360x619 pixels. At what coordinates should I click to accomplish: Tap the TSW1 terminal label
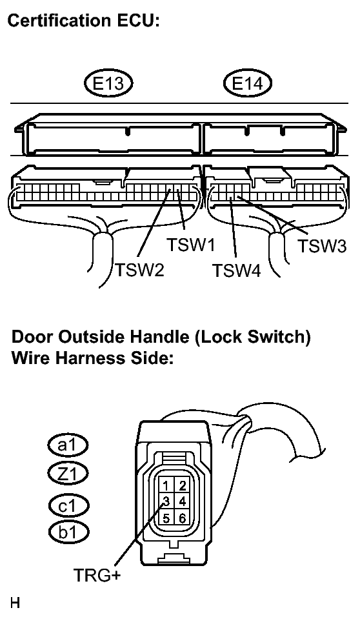(x=191, y=245)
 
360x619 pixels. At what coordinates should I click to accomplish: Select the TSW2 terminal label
(x=140, y=270)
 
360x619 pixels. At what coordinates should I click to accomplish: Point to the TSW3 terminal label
(x=322, y=245)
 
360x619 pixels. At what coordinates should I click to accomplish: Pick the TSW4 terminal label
(x=236, y=271)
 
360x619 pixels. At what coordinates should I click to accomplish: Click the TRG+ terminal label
(x=97, y=575)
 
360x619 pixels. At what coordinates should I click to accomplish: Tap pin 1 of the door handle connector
(x=166, y=486)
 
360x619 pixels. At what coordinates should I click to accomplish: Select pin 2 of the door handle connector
(x=182, y=486)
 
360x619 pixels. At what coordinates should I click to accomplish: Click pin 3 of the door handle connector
(x=166, y=502)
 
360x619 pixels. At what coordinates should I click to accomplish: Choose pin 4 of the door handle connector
(x=182, y=502)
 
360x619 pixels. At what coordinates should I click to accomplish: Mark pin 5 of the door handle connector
(x=166, y=517)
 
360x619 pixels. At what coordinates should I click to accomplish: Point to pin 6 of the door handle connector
(x=182, y=517)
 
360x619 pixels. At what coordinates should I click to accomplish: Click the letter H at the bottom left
(x=15, y=603)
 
